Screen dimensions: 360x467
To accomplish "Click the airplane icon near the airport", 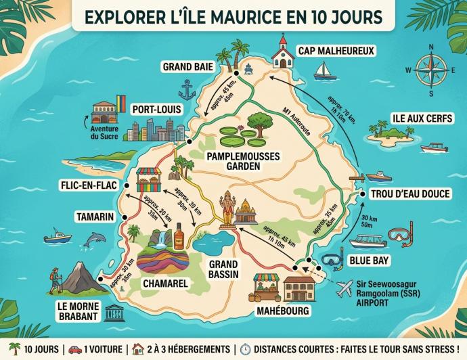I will click(x=346, y=288).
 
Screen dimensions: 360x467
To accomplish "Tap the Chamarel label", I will click(x=165, y=284).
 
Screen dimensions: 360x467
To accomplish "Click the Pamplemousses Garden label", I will click(x=241, y=160).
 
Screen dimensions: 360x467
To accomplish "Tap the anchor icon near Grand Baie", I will click(x=187, y=89).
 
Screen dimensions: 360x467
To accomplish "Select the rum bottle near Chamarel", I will click(x=179, y=239).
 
